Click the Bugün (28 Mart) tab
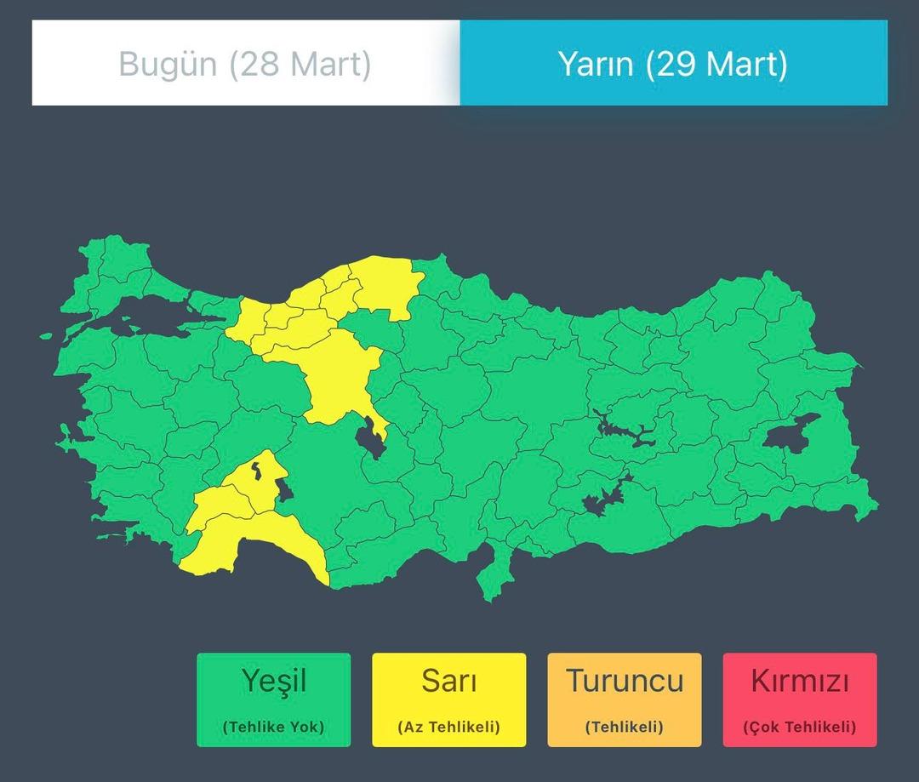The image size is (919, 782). (245, 64)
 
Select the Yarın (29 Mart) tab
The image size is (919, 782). (673, 64)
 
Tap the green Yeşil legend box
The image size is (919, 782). (273, 699)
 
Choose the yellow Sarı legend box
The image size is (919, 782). (448, 699)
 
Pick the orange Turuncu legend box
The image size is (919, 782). (625, 699)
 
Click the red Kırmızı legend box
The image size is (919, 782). (799, 699)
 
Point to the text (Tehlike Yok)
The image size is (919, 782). (273, 728)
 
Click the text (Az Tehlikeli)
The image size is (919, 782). (448, 728)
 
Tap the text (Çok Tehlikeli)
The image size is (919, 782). (799, 728)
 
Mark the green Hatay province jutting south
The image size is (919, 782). (492, 574)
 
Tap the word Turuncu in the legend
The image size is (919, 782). (625, 682)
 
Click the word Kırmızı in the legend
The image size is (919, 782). (799, 682)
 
